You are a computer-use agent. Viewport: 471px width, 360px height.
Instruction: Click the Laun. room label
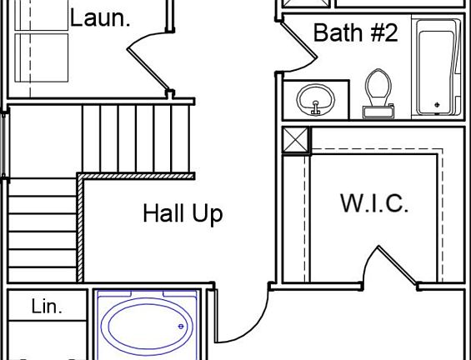click(100, 18)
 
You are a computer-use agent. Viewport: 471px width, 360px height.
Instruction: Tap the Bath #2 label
click(356, 32)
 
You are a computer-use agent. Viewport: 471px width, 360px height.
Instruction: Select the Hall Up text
click(183, 214)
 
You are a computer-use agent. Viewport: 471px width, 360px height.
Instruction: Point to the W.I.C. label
click(374, 203)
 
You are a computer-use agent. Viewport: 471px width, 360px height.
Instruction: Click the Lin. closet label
click(47, 307)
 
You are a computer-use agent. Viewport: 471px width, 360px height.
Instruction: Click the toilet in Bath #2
click(378, 93)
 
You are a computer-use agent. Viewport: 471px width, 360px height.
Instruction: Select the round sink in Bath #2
click(315, 99)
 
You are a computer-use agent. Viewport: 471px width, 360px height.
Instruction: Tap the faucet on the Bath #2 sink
click(315, 107)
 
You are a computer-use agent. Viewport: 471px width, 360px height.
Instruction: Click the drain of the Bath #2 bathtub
click(437, 104)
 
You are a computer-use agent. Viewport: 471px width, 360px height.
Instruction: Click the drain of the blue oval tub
click(181, 327)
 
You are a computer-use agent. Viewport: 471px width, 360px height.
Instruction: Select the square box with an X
click(296, 140)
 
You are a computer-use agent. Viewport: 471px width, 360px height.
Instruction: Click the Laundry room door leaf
click(148, 69)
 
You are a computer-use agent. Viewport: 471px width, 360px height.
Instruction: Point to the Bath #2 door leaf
click(299, 40)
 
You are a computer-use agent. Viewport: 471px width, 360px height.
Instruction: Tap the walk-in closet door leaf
click(398, 265)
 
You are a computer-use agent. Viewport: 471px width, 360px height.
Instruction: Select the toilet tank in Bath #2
click(378, 112)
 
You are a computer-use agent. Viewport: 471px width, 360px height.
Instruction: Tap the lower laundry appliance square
click(42, 57)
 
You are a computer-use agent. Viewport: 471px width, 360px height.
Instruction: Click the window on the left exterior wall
click(4, 145)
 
